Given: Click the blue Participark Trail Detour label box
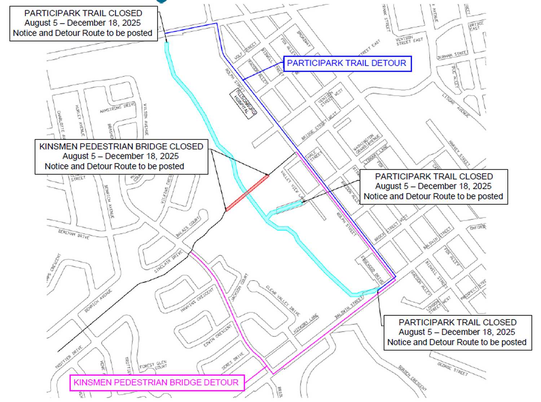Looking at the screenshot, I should pos(347,63).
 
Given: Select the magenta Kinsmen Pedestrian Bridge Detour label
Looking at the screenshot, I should pos(157,383).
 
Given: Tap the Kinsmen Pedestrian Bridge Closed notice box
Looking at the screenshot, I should pos(121,156).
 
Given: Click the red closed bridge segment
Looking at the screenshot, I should pos(247,193).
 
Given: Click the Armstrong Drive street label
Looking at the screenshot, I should pos(118,107).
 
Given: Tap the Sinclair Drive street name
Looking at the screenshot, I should pos(168,262).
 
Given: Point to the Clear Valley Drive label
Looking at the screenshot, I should pos(283,301).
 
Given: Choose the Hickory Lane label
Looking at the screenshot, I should pos(306,324).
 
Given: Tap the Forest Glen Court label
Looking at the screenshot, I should pos(154,366).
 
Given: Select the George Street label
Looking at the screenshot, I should pos(452,369).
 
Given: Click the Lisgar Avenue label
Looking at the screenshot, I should pos(456,105).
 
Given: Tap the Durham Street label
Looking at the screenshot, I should pos(452,55).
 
